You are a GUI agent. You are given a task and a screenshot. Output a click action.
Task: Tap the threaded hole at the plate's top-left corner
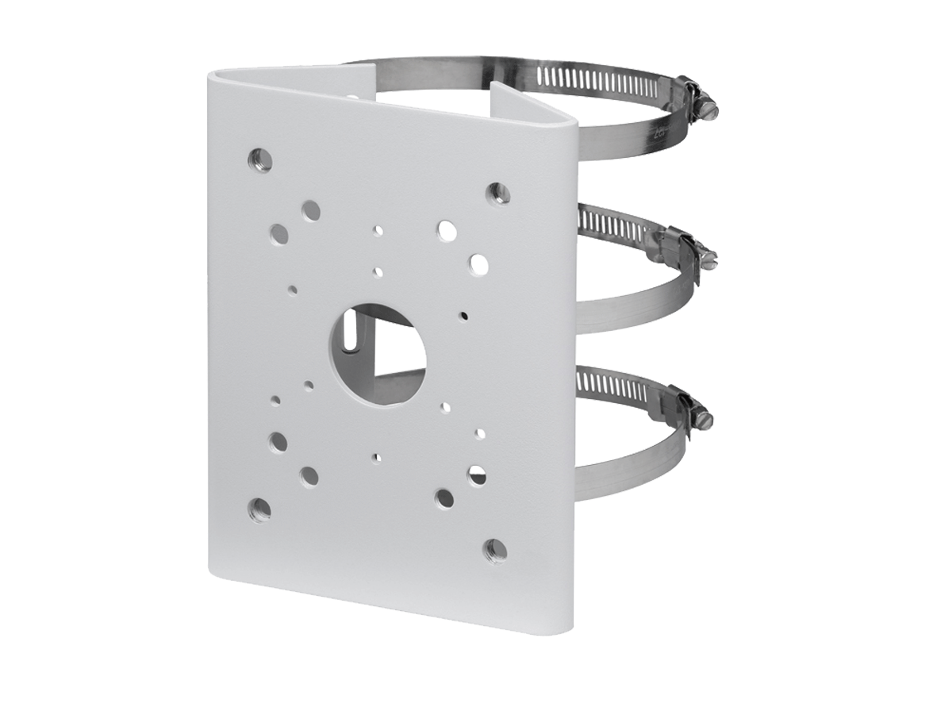259,159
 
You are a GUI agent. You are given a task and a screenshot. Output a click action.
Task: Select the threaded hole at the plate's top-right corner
497,192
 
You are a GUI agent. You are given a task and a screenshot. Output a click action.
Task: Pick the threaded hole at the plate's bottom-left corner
259,509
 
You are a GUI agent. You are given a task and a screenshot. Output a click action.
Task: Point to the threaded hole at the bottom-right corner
496,550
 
